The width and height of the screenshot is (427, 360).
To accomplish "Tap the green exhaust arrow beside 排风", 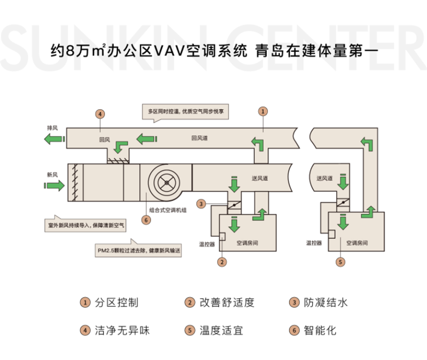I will point(53,139).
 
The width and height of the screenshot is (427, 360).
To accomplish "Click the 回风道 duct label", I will point(199,138).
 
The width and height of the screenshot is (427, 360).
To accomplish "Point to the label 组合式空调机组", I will point(167,211).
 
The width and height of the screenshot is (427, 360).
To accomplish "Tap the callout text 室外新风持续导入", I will point(84,226).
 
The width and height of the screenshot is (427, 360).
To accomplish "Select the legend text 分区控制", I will point(116,302).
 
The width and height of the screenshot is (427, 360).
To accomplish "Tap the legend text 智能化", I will point(320,331).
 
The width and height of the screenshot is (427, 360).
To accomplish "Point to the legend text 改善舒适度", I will point(227,302).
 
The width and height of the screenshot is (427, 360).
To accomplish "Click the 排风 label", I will point(52,129).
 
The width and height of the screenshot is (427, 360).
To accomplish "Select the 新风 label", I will point(52,174).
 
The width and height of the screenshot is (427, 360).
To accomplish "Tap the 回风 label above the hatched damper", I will point(104,140).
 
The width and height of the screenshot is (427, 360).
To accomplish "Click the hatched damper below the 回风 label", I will point(118,159).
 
